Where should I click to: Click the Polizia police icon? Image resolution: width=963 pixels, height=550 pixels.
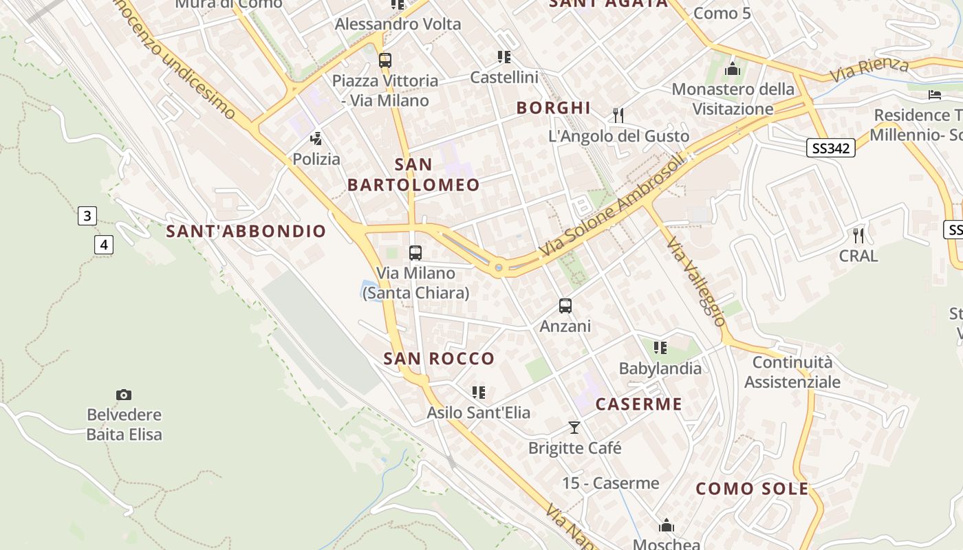[x=316, y=139]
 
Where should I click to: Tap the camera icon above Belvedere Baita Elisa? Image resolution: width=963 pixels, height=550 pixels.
[x=124, y=395]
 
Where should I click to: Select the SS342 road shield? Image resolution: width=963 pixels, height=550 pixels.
[x=831, y=148]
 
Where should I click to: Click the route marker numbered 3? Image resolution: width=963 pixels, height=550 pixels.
[x=87, y=216]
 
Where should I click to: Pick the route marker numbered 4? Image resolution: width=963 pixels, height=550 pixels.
[x=103, y=244]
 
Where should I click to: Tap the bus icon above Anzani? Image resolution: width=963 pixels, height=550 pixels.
[x=565, y=306]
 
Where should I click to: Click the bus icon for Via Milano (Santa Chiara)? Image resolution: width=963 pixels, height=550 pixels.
[x=415, y=253]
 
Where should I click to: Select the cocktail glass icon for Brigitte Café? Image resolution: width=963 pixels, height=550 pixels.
[x=574, y=428]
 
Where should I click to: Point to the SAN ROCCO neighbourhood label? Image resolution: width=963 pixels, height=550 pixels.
[x=439, y=358]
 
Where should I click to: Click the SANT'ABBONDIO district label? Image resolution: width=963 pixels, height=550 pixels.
[x=246, y=231]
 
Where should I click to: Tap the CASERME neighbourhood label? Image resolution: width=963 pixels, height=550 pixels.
[x=638, y=404]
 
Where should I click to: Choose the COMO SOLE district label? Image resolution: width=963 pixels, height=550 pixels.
[x=752, y=489]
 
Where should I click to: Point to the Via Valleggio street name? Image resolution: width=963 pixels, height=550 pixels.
[x=696, y=282]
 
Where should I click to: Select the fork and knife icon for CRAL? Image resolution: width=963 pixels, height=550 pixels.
[x=858, y=235]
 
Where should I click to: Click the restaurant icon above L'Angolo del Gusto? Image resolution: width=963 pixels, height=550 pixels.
[x=618, y=115]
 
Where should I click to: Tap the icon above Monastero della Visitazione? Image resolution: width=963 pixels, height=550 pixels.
[x=733, y=69]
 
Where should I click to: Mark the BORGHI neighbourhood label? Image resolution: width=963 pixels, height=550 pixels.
[x=553, y=107]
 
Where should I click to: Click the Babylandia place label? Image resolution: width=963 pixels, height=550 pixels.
[x=660, y=368]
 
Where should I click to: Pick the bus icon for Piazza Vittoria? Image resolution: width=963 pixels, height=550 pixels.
[x=385, y=60]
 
